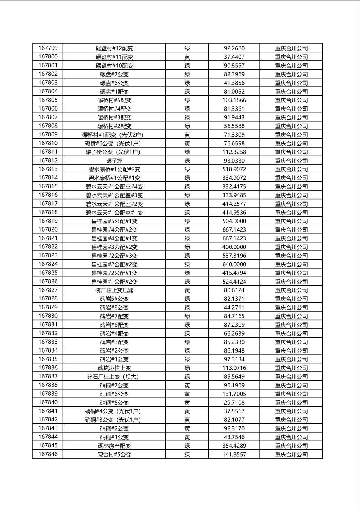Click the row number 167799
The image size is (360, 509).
(x=48, y=48)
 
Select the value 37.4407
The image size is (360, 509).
(x=234, y=57)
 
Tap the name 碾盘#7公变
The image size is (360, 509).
(x=114, y=74)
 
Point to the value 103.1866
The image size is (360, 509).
(x=234, y=100)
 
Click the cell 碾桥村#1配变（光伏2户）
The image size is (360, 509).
(x=114, y=135)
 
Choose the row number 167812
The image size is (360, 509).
(x=48, y=161)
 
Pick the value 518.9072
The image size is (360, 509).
(x=234, y=169)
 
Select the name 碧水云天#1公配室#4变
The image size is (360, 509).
(x=114, y=187)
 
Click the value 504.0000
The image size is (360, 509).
(x=234, y=221)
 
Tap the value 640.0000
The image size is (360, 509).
(x=234, y=264)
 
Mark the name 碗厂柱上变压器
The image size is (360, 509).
(x=114, y=290)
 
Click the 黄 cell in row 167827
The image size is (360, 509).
(x=187, y=290)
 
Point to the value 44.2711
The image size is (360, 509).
(x=234, y=307)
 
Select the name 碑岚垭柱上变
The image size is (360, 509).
(x=114, y=368)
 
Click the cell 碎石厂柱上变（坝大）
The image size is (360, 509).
(x=114, y=377)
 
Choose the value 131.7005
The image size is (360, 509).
(x=234, y=394)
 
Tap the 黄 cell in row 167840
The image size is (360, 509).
(x=187, y=403)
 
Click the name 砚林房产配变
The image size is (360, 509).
(x=114, y=446)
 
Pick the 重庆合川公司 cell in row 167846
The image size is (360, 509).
(x=291, y=455)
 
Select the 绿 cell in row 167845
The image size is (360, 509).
(x=187, y=446)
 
